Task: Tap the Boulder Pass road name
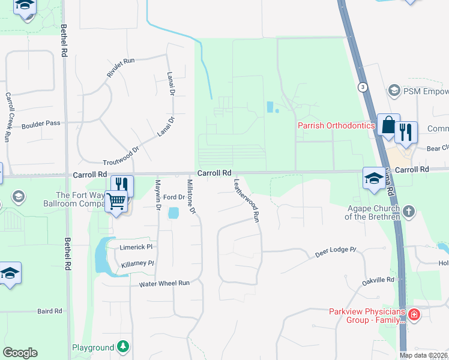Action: [41, 124]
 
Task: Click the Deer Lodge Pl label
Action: [336, 251]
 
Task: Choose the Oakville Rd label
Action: [378, 280]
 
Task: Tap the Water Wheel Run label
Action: [164, 283]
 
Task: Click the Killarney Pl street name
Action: [137, 263]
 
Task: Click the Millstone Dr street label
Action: [191, 196]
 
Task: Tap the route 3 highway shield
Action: [363, 87]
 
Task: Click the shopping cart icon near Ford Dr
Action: [116, 202]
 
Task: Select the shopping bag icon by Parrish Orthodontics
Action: [388, 126]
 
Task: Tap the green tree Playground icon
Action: [122, 346]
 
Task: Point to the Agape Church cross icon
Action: [409, 211]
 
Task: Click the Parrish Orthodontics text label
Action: [336, 125]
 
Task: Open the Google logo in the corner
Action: [20, 353]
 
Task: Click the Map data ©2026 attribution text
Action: [424, 355]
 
